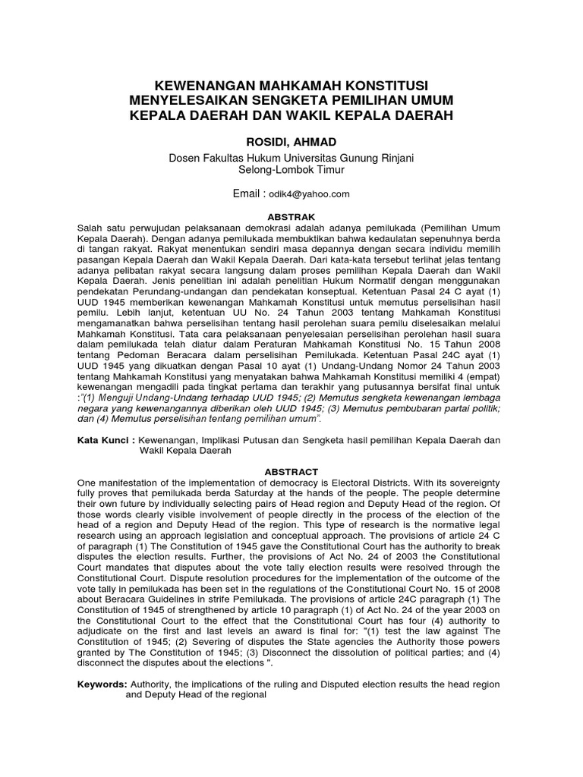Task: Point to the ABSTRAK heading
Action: tap(291, 215)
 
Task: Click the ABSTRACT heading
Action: tap(291, 471)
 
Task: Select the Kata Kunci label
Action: tap(102, 440)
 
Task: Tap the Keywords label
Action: tap(102, 684)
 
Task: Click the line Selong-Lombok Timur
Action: tap(291, 170)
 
